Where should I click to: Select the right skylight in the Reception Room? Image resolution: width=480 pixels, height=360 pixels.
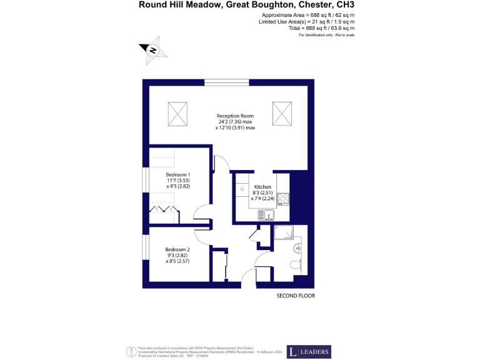tap(282, 114)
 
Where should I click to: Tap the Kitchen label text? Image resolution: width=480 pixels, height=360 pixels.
tap(262, 187)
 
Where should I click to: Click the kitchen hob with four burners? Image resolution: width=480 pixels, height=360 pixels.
tap(283, 199)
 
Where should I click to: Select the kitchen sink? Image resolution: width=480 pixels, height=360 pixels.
tap(269, 215)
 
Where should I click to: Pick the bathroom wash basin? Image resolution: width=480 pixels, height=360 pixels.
tap(299, 248)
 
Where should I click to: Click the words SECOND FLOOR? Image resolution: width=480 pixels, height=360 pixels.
tap(296, 295)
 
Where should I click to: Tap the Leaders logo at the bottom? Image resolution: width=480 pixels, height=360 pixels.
tap(309, 352)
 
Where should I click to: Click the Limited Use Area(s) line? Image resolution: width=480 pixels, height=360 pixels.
tap(306, 21)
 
